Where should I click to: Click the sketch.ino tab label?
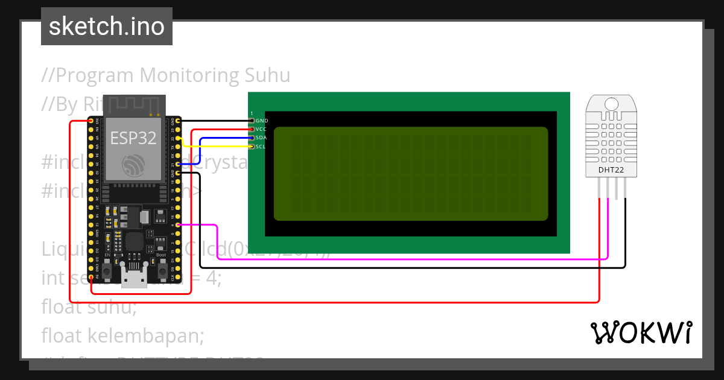click(x=107, y=27)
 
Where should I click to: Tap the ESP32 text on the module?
click(x=133, y=138)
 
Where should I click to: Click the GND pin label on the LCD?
click(x=262, y=121)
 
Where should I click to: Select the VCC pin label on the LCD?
click(x=261, y=129)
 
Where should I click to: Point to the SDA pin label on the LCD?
click(x=261, y=138)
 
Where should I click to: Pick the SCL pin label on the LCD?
click(x=261, y=147)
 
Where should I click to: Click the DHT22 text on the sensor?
click(x=611, y=170)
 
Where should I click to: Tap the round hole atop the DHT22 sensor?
click(x=611, y=103)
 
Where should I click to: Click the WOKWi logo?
click(x=641, y=332)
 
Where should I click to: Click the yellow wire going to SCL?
click(x=217, y=147)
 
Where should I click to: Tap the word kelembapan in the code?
click(x=145, y=334)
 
